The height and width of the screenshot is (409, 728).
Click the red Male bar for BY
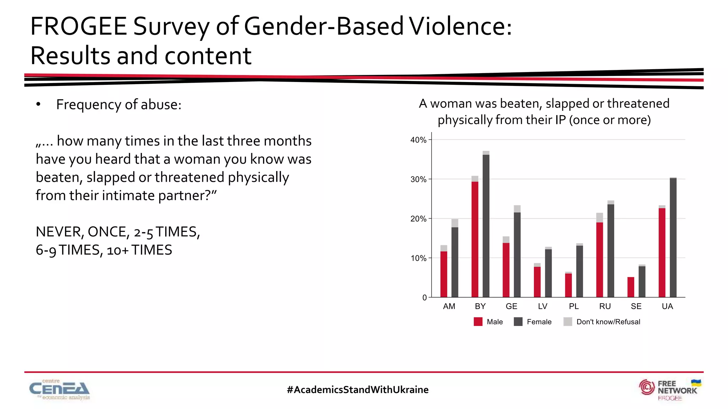point(475,239)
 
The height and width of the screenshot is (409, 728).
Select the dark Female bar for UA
point(673,238)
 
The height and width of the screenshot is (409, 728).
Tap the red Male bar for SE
point(631,287)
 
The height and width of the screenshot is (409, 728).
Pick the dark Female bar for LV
point(548,273)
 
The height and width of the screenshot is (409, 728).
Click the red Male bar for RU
point(600,260)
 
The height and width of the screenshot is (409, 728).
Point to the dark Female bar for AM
point(455,262)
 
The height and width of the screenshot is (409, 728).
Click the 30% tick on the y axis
point(418,179)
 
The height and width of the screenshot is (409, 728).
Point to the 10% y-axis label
point(418,258)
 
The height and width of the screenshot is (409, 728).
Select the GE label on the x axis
point(512,306)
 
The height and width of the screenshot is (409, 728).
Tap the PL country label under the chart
point(574,306)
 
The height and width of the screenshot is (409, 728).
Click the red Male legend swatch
point(478,322)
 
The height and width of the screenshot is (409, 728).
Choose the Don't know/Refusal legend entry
point(608,322)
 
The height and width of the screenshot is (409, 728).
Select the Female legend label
point(539,322)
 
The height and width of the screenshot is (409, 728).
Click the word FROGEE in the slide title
point(79,26)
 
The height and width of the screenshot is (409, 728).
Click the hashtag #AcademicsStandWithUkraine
point(358,389)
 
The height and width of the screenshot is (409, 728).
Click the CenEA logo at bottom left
point(59,389)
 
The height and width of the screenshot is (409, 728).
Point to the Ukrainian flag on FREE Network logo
point(696,383)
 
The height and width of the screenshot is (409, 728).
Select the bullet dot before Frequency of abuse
point(38,104)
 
